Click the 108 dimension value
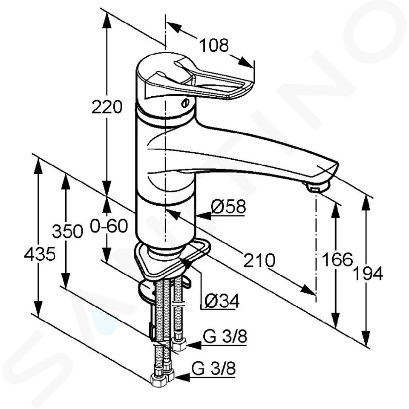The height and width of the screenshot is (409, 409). (213, 45)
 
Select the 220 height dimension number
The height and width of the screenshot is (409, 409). (107, 107)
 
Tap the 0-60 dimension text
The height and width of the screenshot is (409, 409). (109, 226)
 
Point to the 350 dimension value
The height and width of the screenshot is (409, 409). (68, 231)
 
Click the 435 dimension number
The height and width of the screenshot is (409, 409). (40, 254)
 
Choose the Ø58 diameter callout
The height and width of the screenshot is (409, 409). (228, 207)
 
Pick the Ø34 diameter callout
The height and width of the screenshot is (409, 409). (222, 301)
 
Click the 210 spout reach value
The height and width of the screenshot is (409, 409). (259, 260)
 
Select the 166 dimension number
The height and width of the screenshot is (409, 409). (337, 259)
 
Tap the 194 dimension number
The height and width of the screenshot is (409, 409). (368, 274)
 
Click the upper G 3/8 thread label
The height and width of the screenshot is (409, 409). (225, 337)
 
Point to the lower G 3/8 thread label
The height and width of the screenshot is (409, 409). (213, 369)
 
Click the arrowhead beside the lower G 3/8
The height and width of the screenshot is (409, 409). (183, 377)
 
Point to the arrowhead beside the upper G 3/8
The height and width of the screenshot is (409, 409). (193, 346)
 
